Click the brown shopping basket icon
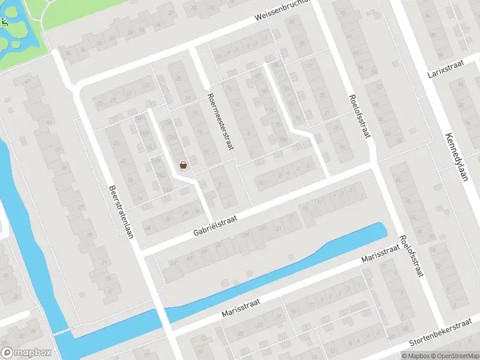[x=183, y=164]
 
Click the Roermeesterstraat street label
[x=220, y=121]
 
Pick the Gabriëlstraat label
[x=215, y=227]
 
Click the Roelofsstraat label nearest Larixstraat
[x=358, y=116]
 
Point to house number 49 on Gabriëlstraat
[x=173, y=262]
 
